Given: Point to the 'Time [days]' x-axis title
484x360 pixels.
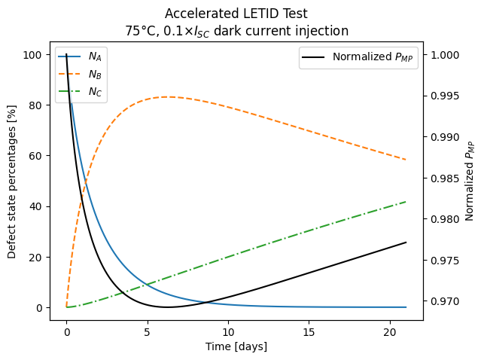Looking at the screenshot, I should (236, 346).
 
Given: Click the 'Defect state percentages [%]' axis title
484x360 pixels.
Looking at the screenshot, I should (12, 182).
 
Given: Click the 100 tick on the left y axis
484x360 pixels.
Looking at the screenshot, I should (35, 54).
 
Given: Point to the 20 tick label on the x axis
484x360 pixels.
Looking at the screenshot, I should (390, 332).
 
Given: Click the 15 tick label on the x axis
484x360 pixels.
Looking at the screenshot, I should (309, 332).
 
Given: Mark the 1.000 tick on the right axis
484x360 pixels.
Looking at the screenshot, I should (443, 55).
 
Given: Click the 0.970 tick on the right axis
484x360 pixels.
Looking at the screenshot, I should (443, 301).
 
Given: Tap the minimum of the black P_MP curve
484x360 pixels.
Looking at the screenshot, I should (167, 307).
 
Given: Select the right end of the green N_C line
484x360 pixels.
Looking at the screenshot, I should (406, 202).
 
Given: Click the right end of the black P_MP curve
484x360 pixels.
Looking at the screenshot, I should (406, 243).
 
